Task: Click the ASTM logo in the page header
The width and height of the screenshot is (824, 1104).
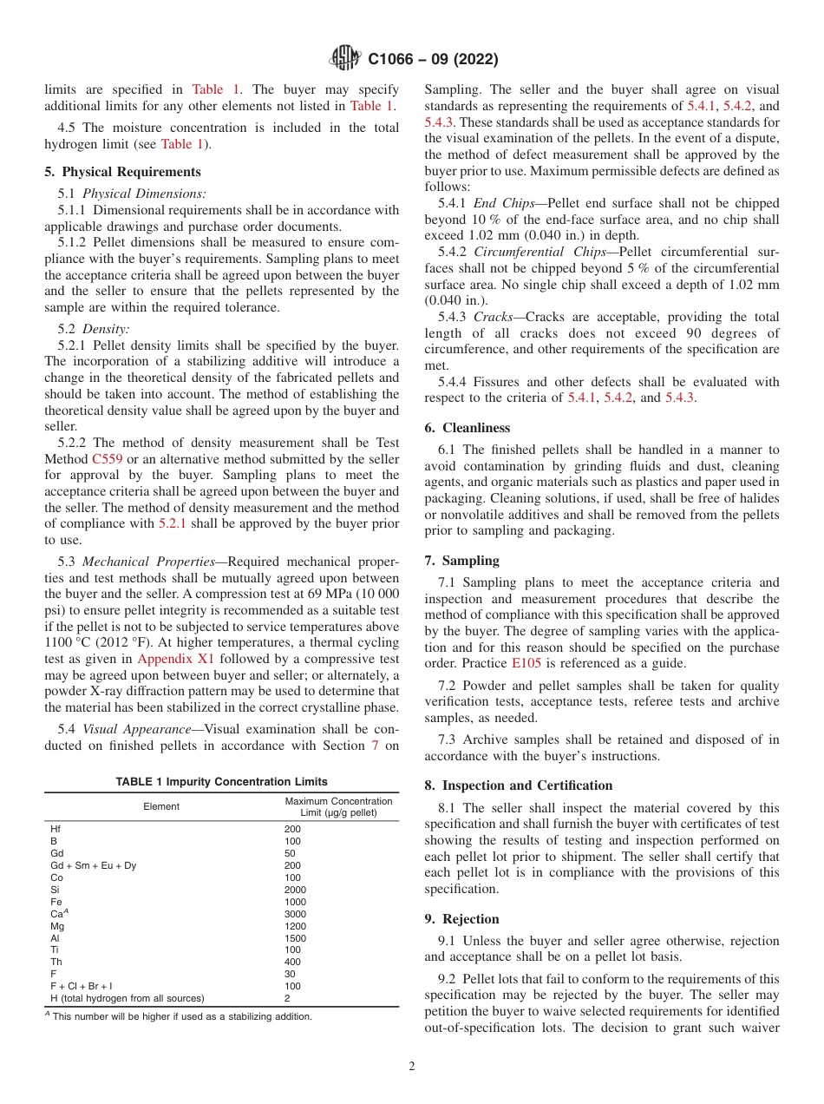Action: point(347,59)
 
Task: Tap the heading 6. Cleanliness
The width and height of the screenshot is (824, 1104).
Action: point(468,428)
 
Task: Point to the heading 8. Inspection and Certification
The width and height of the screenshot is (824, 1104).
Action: point(519,785)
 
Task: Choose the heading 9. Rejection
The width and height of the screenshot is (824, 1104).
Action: point(462,919)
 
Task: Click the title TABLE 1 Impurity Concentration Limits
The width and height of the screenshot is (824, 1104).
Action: point(222,782)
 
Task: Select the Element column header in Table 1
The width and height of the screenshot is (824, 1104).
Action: point(161,806)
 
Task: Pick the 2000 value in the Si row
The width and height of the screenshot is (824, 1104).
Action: point(295,890)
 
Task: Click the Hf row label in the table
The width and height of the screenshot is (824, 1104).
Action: point(56,829)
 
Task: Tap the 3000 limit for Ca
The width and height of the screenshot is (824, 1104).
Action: point(295,914)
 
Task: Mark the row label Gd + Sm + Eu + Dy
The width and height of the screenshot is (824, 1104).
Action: point(93,865)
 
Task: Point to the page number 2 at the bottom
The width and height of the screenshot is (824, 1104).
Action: point(412,1067)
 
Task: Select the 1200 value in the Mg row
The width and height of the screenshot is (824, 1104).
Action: point(295,926)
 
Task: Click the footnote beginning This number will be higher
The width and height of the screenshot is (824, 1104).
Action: point(180,1016)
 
